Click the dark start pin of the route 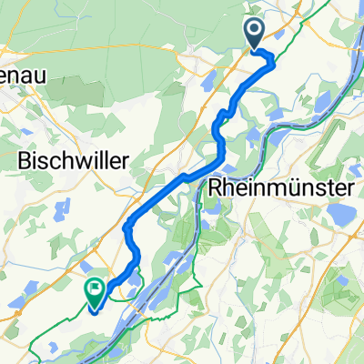click(255, 35)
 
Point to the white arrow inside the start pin click(255, 31)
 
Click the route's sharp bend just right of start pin click(272, 61)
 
